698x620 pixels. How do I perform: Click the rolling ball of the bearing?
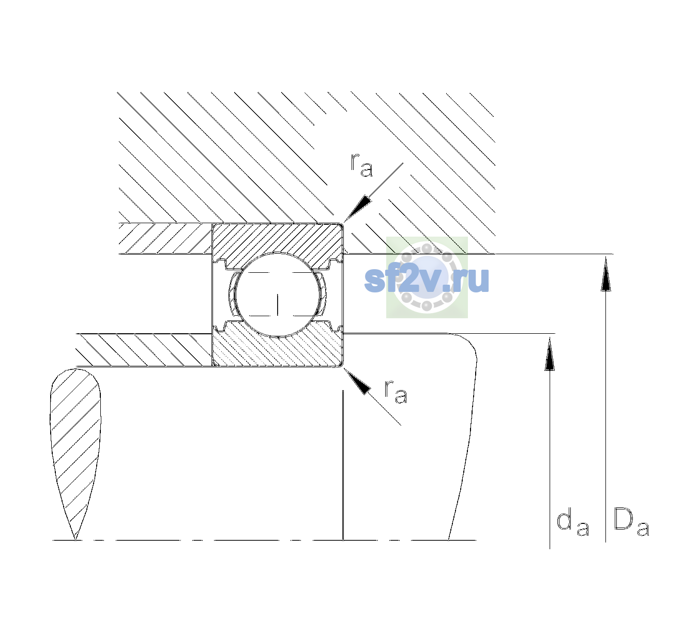(x=278, y=295)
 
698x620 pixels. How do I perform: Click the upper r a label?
(x=361, y=165)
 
